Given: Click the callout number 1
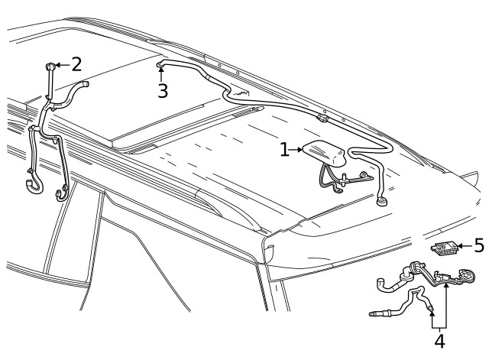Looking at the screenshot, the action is click(x=284, y=150).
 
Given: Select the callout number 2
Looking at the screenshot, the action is click(x=76, y=64).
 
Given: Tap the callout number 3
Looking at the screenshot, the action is click(x=163, y=91).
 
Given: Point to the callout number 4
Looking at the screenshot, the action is click(x=439, y=341).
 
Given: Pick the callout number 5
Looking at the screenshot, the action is click(x=479, y=245).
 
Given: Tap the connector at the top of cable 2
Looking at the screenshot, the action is click(x=50, y=66).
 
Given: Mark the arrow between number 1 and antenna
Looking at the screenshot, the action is click(x=296, y=150).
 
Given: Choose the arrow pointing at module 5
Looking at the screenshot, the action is click(x=465, y=246).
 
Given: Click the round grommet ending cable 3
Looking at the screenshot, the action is click(x=381, y=201).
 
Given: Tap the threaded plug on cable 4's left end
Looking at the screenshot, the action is click(x=375, y=313).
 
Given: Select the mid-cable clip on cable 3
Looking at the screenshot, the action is click(x=322, y=118).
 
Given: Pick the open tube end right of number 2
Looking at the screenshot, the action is click(x=84, y=84).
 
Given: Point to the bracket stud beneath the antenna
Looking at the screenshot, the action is click(x=344, y=180).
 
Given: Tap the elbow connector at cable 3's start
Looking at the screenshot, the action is click(x=160, y=63).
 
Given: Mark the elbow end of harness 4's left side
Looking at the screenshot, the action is click(x=381, y=284).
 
